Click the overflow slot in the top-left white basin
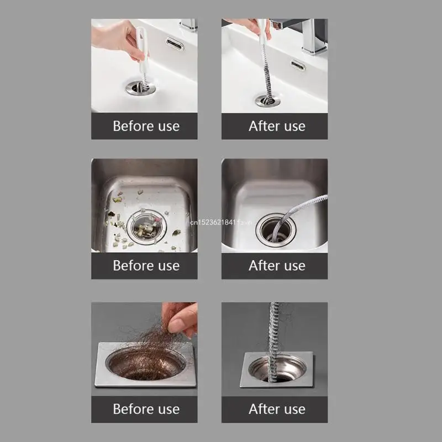[175, 44]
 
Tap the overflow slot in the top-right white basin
[298, 66]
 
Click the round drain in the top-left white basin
[139, 87]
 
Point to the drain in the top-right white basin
[267, 100]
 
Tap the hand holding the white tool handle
[117, 38]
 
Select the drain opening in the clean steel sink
[275, 229]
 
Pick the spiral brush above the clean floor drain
[275, 331]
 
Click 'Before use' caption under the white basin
[146, 126]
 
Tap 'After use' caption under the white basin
[276, 126]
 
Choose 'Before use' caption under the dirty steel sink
[146, 266]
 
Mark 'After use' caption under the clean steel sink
[276, 266]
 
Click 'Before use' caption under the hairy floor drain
[146, 409]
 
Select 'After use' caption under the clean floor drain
[276, 409]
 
